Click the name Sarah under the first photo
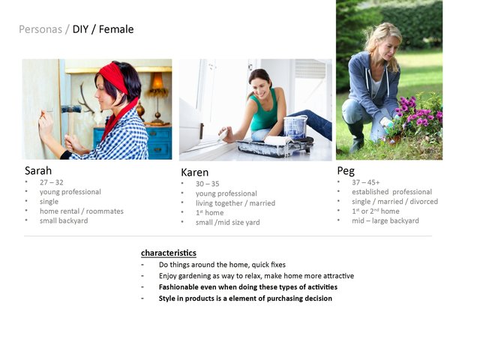pos(38,171)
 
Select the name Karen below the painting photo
pos(195,172)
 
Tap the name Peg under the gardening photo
pos(346,171)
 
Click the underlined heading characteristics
pos(169,253)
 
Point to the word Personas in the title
pos(40,29)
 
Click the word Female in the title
pos(116,29)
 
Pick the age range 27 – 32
pos(52,182)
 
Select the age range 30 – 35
pos(208,184)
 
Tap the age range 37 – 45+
pos(366,182)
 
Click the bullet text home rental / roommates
pos(82,211)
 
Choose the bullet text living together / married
pos(235,203)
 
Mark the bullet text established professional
pos(391,192)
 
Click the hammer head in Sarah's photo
pos(71,109)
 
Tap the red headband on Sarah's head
pos(113,76)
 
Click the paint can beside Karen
pos(295,127)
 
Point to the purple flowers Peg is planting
pos(418,113)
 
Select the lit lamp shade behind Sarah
pos(157,81)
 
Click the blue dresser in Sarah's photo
pos(158,142)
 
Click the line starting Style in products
pos(245,298)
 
